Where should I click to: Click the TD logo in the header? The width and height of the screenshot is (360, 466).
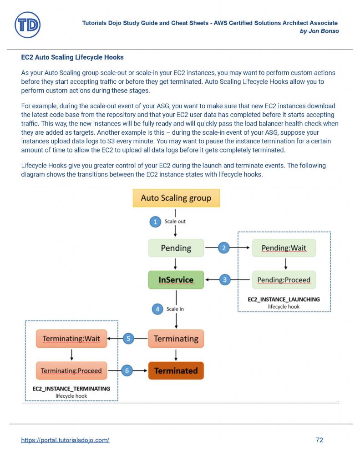point(27,25)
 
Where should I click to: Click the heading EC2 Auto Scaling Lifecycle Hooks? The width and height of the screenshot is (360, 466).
point(72,58)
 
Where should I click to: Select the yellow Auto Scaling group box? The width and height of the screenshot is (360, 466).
point(176,198)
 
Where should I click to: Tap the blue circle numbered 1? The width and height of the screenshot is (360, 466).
point(156,222)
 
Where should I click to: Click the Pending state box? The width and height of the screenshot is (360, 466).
point(176,248)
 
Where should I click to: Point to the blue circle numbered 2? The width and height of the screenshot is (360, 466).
point(223,248)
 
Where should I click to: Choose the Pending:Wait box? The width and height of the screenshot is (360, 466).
point(284,248)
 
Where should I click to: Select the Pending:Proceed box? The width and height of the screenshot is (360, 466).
point(284,279)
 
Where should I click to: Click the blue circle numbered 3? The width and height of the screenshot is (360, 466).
point(225,280)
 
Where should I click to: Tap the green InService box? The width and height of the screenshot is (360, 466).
point(176,280)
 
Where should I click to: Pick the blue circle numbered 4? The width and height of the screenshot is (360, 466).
point(157,309)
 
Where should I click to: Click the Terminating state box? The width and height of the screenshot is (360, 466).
point(176,339)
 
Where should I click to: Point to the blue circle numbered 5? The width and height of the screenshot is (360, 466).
point(128,339)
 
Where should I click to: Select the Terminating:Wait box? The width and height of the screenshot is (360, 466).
point(71,339)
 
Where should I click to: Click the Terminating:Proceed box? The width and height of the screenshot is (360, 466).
point(71,370)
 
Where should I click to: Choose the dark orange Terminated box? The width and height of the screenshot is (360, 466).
point(176,370)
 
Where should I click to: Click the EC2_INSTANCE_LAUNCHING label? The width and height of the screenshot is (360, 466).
point(284,299)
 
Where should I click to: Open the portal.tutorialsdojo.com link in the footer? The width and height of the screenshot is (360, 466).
point(65,440)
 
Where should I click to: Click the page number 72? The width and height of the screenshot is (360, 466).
point(319,440)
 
